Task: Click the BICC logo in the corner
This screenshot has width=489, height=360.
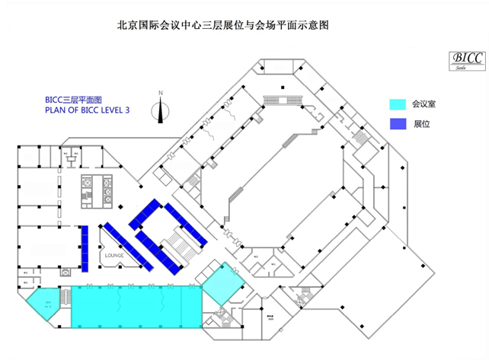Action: pos(461,58)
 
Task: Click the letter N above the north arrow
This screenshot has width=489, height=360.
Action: pos(160,93)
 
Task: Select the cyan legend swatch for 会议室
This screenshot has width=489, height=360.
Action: pos(397,104)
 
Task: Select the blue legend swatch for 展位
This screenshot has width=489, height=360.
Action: pos(397,123)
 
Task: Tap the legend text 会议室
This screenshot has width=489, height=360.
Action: pos(423,104)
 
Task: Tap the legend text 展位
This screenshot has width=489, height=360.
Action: pos(420,123)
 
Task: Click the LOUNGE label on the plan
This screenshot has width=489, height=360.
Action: pos(114,256)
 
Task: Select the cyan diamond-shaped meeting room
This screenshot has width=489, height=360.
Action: pos(220,285)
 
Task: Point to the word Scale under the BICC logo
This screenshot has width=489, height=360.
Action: pos(461,67)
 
